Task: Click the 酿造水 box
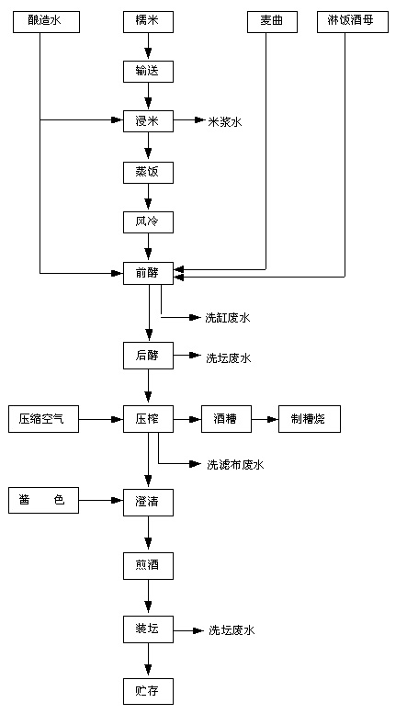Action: click(47, 21)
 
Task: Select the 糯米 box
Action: click(149, 21)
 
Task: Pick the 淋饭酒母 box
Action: click(353, 21)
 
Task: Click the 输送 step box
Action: click(149, 71)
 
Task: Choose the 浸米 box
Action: click(149, 120)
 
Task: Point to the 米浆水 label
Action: click(225, 121)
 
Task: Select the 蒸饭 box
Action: click(149, 173)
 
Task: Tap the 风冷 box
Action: click(149, 222)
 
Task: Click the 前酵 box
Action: click(149, 273)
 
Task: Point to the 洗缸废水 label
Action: click(228, 318)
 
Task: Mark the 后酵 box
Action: click(149, 356)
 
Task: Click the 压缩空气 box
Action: click(44, 419)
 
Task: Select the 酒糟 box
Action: click(226, 419)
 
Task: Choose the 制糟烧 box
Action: click(310, 419)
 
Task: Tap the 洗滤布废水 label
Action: click(235, 465)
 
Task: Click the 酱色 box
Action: click(44, 501)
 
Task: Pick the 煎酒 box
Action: click(149, 566)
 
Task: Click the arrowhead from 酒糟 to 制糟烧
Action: click(273, 419)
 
